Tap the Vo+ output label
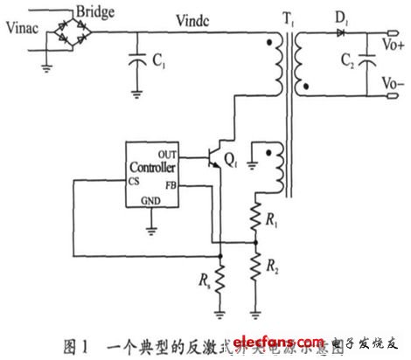[x=391, y=39]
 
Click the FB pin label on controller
[x=172, y=186]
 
